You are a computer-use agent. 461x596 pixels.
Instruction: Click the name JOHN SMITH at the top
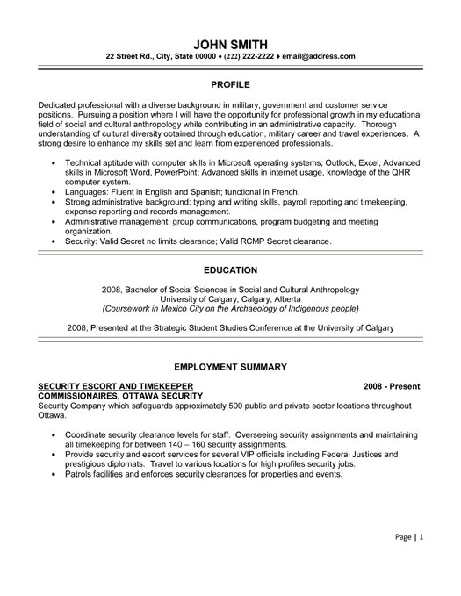(x=230, y=43)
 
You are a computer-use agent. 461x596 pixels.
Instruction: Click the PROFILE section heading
(x=230, y=86)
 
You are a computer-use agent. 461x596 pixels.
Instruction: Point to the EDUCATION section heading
(x=230, y=269)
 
